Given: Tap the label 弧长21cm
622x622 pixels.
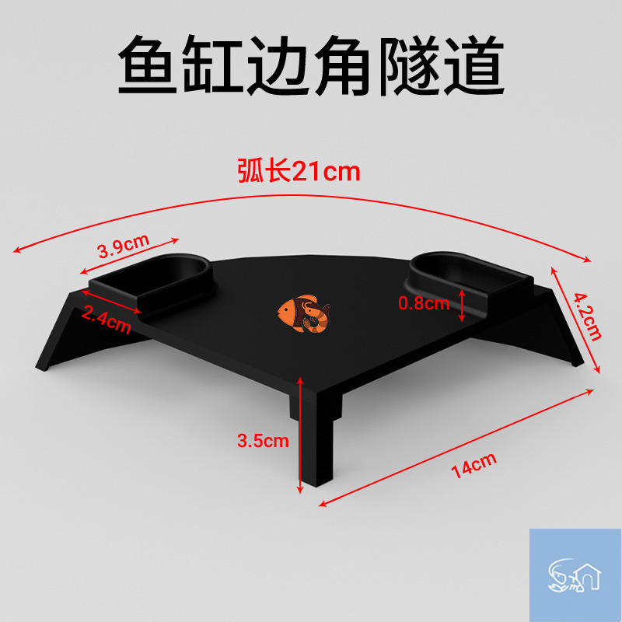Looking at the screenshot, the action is [x=299, y=170].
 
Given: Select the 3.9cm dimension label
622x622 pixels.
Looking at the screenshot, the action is [x=123, y=250].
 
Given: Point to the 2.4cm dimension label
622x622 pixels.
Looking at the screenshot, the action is [x=106, y=320].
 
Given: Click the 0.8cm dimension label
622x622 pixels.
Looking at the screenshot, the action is [x=424, y=303].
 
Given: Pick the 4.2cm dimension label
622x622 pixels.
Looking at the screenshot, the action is [x=587, y=317].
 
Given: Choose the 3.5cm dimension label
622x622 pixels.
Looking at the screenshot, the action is [x=263, y=441].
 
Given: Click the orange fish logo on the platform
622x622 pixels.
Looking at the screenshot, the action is [x=304, y=313].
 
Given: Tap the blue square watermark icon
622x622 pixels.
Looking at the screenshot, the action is [x=575, y=575].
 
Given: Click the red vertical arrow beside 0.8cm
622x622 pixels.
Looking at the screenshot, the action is [x=463, y=304].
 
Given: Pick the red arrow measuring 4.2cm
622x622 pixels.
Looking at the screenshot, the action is [x=576, y=319].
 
